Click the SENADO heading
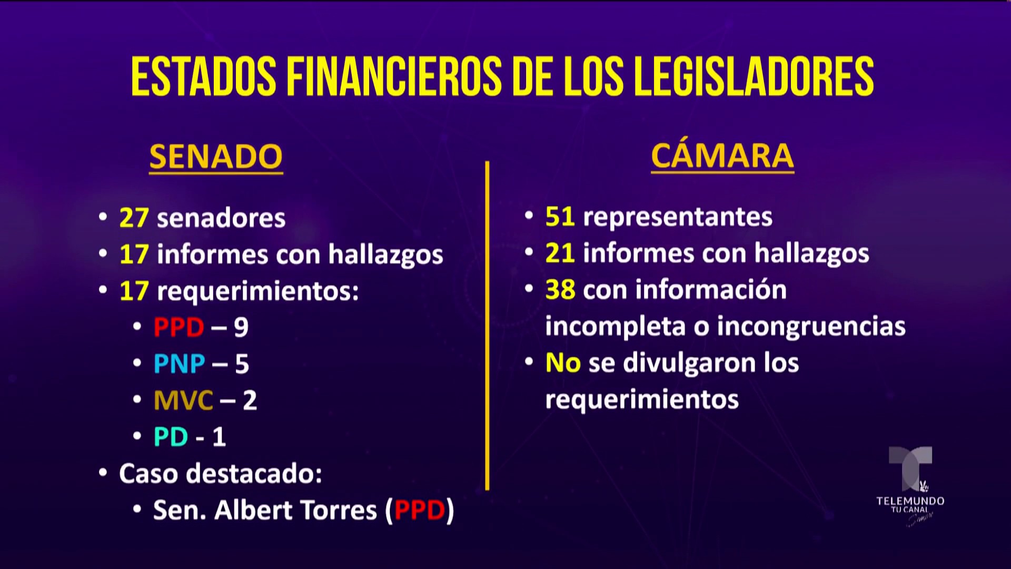pyautogui.click(x=216, y=156)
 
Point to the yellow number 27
pyautogui.click(x=134, y=218)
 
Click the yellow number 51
pyautogui.click(x=560, y=217)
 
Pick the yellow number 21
pyautogui.click(x=560, y=253)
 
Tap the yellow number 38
pyautogui.click(x=560, y=290)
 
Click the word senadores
pyautogui.click(x=221, y=218)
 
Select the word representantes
pyautogui.click(x=678, y=217)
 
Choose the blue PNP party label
pyautogui.click(x=180, y=364)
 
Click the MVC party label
pyautogui.click(x=183, y=400)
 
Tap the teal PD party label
pyautogui.click(x=171, y=437)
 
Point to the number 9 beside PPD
pyautogui.click(x=241, y=328)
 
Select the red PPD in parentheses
pyautogui.click(x=420, y=511)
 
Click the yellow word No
pyautogui.click(x=563, y=363)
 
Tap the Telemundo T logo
pyautogui.click(x=910, y=468)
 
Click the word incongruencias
pyautogui.click(x=811, y=327)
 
